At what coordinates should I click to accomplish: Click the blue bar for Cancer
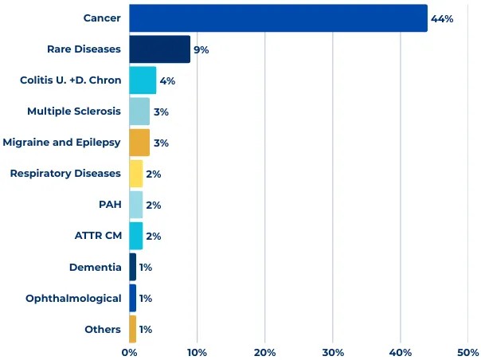pyautogui.click(x=278, y=18)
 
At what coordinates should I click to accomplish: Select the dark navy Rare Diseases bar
pyautogui.click(x=159, y=49)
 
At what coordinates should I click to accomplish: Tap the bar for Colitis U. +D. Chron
pyautogui.click(x=143, y=80)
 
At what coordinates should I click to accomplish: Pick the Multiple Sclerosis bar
pyautogui.click(x=139, y=112)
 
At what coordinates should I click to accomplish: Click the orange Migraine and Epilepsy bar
pyautogui.click(x=139, y=143)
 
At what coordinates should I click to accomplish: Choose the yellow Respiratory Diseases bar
pyautogui.click(x=136, y=174)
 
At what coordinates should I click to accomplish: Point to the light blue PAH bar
pyautogui.click(x=136, y=205)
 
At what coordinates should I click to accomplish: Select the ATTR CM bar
pyautogui.click(x=136, y=236)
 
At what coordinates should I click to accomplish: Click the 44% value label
pyautogui.click(x=442, y=18)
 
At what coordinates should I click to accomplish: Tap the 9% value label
pyautogui.click(x=201, y=49)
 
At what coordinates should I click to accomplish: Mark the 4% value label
pyautogui.click(x=167, y=80)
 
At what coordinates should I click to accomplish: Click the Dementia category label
pyautogui.click(x=96, y=267)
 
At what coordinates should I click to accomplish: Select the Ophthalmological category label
pyautogui.click(x=73, y=298)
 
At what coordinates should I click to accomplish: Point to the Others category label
pyautogui.click(x=103, y=329)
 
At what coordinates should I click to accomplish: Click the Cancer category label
pyautogui.click(x=102, y=18)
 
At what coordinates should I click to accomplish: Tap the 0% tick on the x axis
pyautogui.click(x=129, y=352)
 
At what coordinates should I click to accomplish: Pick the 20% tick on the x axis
pyautogui.click(x=265, y=352)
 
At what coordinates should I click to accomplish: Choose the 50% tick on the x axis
pyautogui.click(x=468, y=352)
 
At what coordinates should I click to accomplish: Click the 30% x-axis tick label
pyautogui.click(x=333, y=352)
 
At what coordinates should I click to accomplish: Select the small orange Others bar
pyautogui.click(x=133, y=329)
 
